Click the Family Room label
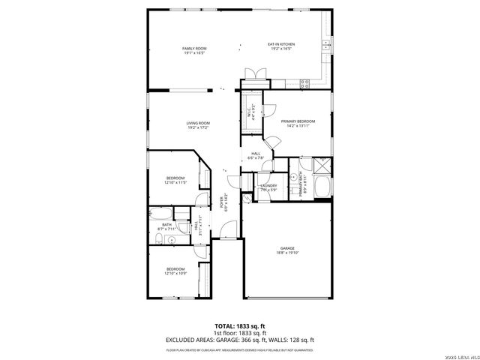click(x=194, y=49)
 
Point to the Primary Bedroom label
click(x=298, y=121)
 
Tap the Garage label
click(x=286, y=248)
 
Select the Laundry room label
click(x=268, y=185)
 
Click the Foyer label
click(x=222, y=202)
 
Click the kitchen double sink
click(x=326, y=46)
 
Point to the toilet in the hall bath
click(x=160, y=238)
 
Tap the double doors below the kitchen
click(x=254, y=73)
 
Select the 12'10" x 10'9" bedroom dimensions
click(x=175, y=273)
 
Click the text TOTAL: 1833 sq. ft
click(x=239, y=326)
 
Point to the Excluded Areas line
click(x=239, y=340)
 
